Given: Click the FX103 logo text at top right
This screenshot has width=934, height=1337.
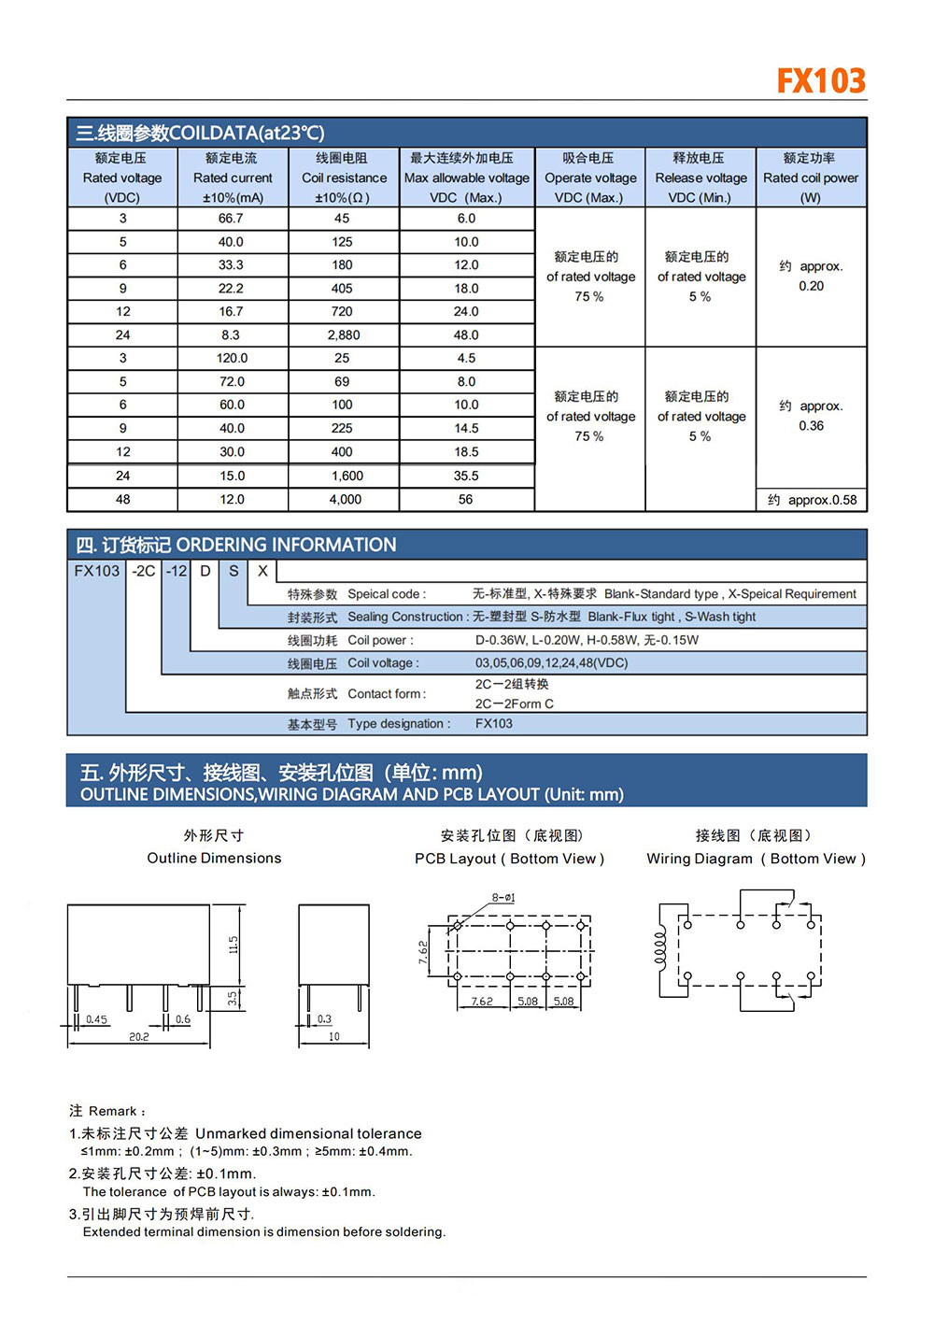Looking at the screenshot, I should (x=821, y=80).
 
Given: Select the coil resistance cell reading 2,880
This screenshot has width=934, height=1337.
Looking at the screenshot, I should (x=343, y=334).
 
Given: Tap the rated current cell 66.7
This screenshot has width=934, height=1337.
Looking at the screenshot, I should (x=231, y=218).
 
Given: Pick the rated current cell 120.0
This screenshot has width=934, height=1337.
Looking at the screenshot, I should (x=232, y=358).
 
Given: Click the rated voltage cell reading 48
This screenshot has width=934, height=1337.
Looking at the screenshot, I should (x=122, y=499).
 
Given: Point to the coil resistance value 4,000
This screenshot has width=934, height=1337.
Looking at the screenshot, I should (x=345, y=499).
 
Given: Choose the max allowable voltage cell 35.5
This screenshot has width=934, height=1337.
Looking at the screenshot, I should (x=466, y=476).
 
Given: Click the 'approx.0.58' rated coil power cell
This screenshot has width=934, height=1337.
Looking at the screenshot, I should (x=812, y=500).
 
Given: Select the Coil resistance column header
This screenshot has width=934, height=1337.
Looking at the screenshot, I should (x=344, y=178).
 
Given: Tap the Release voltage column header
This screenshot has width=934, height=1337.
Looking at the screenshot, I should (x=700, y=178).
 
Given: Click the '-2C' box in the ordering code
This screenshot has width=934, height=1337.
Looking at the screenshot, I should (x=144, y=571).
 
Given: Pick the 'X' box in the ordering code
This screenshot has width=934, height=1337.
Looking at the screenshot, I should (x=262, y=571).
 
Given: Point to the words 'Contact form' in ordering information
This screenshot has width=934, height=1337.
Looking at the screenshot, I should (x=387, y=693).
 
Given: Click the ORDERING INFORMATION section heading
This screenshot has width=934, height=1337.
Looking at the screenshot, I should (x=286, y=545).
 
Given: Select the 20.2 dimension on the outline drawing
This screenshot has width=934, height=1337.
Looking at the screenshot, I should (x=139, y=1036).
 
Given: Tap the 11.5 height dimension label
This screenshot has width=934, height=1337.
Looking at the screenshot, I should (x=233, y=945).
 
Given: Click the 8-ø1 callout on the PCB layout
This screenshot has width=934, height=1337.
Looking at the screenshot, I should (x=503, y=898).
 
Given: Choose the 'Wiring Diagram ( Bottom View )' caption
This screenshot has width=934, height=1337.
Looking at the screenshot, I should (x=756, y=859).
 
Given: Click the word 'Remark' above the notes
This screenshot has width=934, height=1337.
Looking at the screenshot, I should (x=114, y=1111).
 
